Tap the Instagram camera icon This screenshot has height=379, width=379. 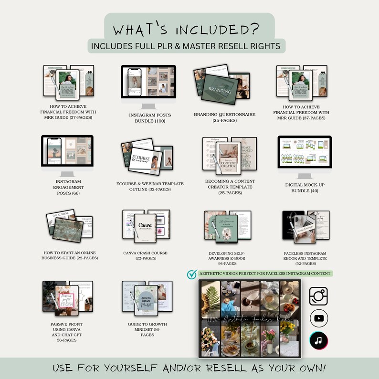click(318, 295)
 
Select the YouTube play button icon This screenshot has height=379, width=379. click(318, 318)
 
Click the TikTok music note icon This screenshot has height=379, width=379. click(318, 340)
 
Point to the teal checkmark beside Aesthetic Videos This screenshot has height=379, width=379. click(192, 274)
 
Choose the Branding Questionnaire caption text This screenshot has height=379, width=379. click(224, 118)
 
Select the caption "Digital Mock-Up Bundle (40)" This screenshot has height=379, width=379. click(304, 188)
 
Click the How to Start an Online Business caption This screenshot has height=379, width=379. click(70, 255)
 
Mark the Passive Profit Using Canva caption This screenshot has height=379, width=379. click(67, 332)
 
